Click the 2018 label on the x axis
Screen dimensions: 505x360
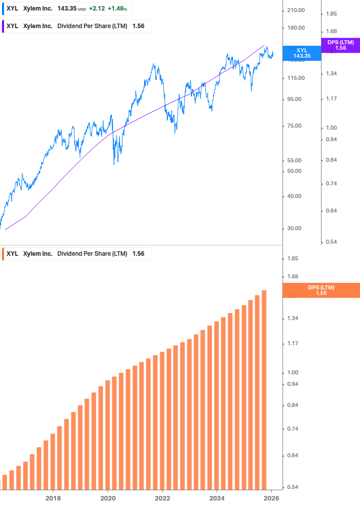[53, 498]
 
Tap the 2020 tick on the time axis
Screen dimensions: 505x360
[108, 498]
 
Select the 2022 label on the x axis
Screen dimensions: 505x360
[162, 498]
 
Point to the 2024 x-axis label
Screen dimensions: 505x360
[217, 498]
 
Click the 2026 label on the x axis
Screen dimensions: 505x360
[271, 498]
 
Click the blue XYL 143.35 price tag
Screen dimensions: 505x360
[302, 53]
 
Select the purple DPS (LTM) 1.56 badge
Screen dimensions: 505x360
[340, 45]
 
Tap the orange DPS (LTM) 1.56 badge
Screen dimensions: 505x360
[321, 290]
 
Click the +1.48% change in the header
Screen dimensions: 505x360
[117, 9]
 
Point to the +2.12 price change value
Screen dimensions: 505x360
[96, 9]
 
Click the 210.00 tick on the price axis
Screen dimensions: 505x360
[296, 11]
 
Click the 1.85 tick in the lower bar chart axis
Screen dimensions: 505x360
[292, 259]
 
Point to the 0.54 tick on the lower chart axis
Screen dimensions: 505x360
[292, 487]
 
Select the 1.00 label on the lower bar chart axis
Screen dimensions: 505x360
[292, 372]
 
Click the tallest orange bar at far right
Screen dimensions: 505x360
[264, 389]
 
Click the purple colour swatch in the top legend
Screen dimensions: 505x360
[4, 26]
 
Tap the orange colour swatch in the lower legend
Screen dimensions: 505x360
[4, 254]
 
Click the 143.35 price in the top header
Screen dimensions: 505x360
[66, 9]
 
